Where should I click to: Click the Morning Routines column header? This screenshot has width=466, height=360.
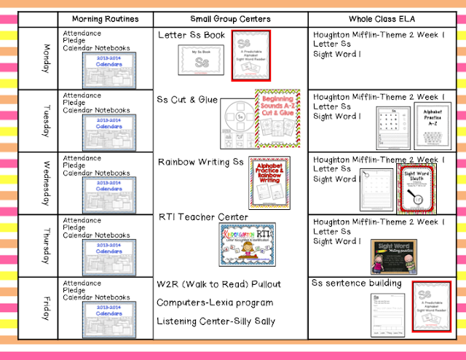pyautogui.click(x=107, y=18)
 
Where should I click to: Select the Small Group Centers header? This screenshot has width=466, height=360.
pyautogui.click(x=230, y=18)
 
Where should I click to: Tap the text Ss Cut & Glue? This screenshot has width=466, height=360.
pyautogui.click(x=187, y=98)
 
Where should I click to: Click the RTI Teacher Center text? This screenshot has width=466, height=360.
pyautogui.click(x=203, y=216)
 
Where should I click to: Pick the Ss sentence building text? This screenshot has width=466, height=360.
pyautogui.click(x=356, y=283)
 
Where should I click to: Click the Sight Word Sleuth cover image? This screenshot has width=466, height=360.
pyautogui.click(x=416, y=187)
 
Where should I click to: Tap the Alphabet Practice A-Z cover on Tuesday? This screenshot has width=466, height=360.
pyautogui.click(x=433, y=124)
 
